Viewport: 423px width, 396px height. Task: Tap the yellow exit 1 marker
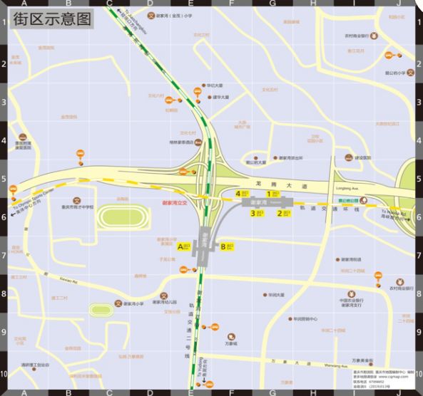[x=272, y=193]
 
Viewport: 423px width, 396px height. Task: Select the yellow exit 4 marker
[x=240, y=193]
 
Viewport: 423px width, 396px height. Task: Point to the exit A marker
[x=184, y=246]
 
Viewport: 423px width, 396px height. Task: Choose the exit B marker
[x=227, y=246]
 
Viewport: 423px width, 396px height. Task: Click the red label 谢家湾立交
[x=174, y=203]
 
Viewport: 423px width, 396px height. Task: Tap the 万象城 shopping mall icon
[x=231, y=337]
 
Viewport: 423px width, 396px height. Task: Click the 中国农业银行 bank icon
[x=351, y=293]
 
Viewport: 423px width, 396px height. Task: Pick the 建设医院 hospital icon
[x=350, y=158]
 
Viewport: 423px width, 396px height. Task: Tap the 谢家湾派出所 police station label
[x=291, y=158]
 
